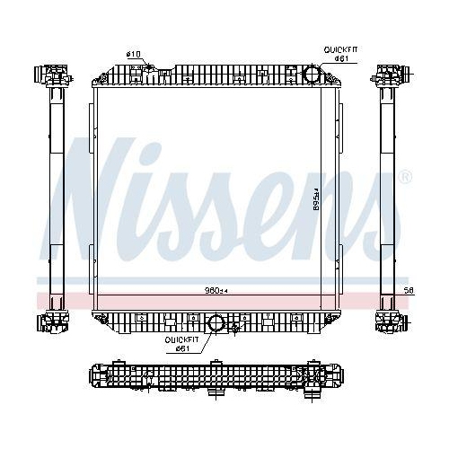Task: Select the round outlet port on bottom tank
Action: [216, 323]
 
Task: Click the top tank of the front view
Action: [216, 74]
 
